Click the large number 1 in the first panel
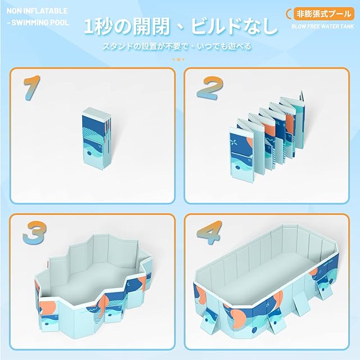click(33, 88)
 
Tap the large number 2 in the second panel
click(210, 88)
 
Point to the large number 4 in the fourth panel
click(209, 232)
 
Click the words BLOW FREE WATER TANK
click(323, 26)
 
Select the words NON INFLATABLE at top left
click(37, 11)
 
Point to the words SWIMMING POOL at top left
click(40, 22)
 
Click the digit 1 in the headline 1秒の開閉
click(89, 26)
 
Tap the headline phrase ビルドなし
click(234, 26)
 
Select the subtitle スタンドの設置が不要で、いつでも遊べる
click(177, 46)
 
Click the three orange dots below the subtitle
click(178, 60)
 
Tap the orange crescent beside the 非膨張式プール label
click(289, 13)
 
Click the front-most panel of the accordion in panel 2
click(242, 152)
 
